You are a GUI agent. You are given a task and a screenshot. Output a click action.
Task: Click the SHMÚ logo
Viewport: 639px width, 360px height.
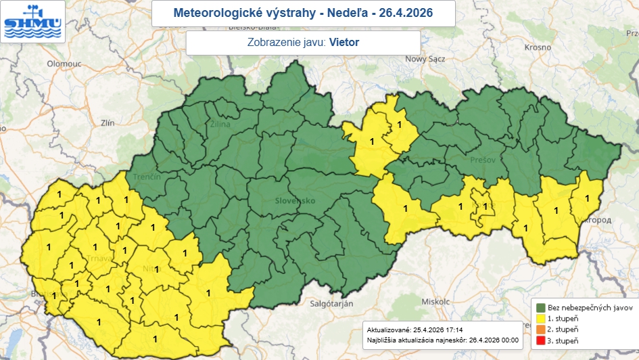coord(32,21)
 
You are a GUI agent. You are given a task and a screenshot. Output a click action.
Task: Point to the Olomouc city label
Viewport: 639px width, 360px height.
coord(64,64)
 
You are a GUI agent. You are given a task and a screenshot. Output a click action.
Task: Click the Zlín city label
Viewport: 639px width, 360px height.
coord(108,123)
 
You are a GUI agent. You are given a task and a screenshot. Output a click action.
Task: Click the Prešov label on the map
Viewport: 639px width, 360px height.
coord(483,160)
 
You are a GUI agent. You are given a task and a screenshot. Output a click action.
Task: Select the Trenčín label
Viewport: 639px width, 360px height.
coord(147,177)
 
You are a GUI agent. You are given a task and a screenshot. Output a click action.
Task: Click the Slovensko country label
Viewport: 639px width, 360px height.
coord(295,201)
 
